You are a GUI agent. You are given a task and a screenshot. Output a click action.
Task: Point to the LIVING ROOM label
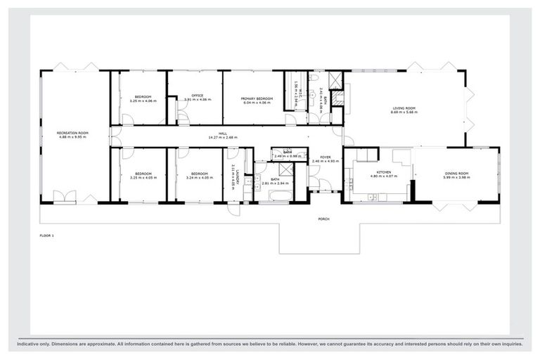point(404,108)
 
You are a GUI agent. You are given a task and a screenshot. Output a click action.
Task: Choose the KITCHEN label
point(384,172)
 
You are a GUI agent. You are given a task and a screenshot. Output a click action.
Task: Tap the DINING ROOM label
point(456,173)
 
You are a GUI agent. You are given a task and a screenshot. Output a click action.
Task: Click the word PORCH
point(324,219)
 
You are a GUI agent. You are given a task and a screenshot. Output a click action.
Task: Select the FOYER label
point(325,157)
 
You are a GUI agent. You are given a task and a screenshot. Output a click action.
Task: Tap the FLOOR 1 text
point(47,236)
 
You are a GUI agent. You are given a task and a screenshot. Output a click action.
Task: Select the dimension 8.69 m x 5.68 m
point(404,112)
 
